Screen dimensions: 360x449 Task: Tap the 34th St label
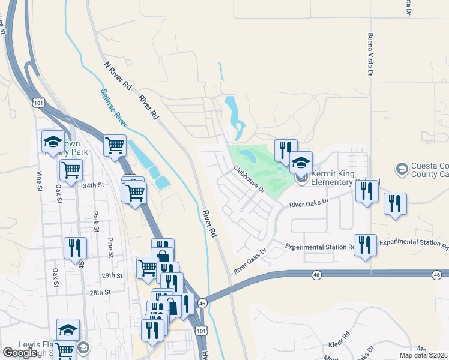click(x=94, y=185)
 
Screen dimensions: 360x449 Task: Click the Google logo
click(x=20, y=353)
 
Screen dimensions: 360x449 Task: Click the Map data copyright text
click(x=423, y=355)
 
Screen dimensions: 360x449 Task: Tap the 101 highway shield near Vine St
click(x=39, y=103)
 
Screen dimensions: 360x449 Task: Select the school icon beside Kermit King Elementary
click(x=301, y=161)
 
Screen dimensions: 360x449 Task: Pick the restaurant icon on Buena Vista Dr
click(x=366, y=191)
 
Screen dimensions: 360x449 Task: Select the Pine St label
click(x=110, y=247)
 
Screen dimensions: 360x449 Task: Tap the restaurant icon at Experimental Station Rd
click(x=365, y=245)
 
